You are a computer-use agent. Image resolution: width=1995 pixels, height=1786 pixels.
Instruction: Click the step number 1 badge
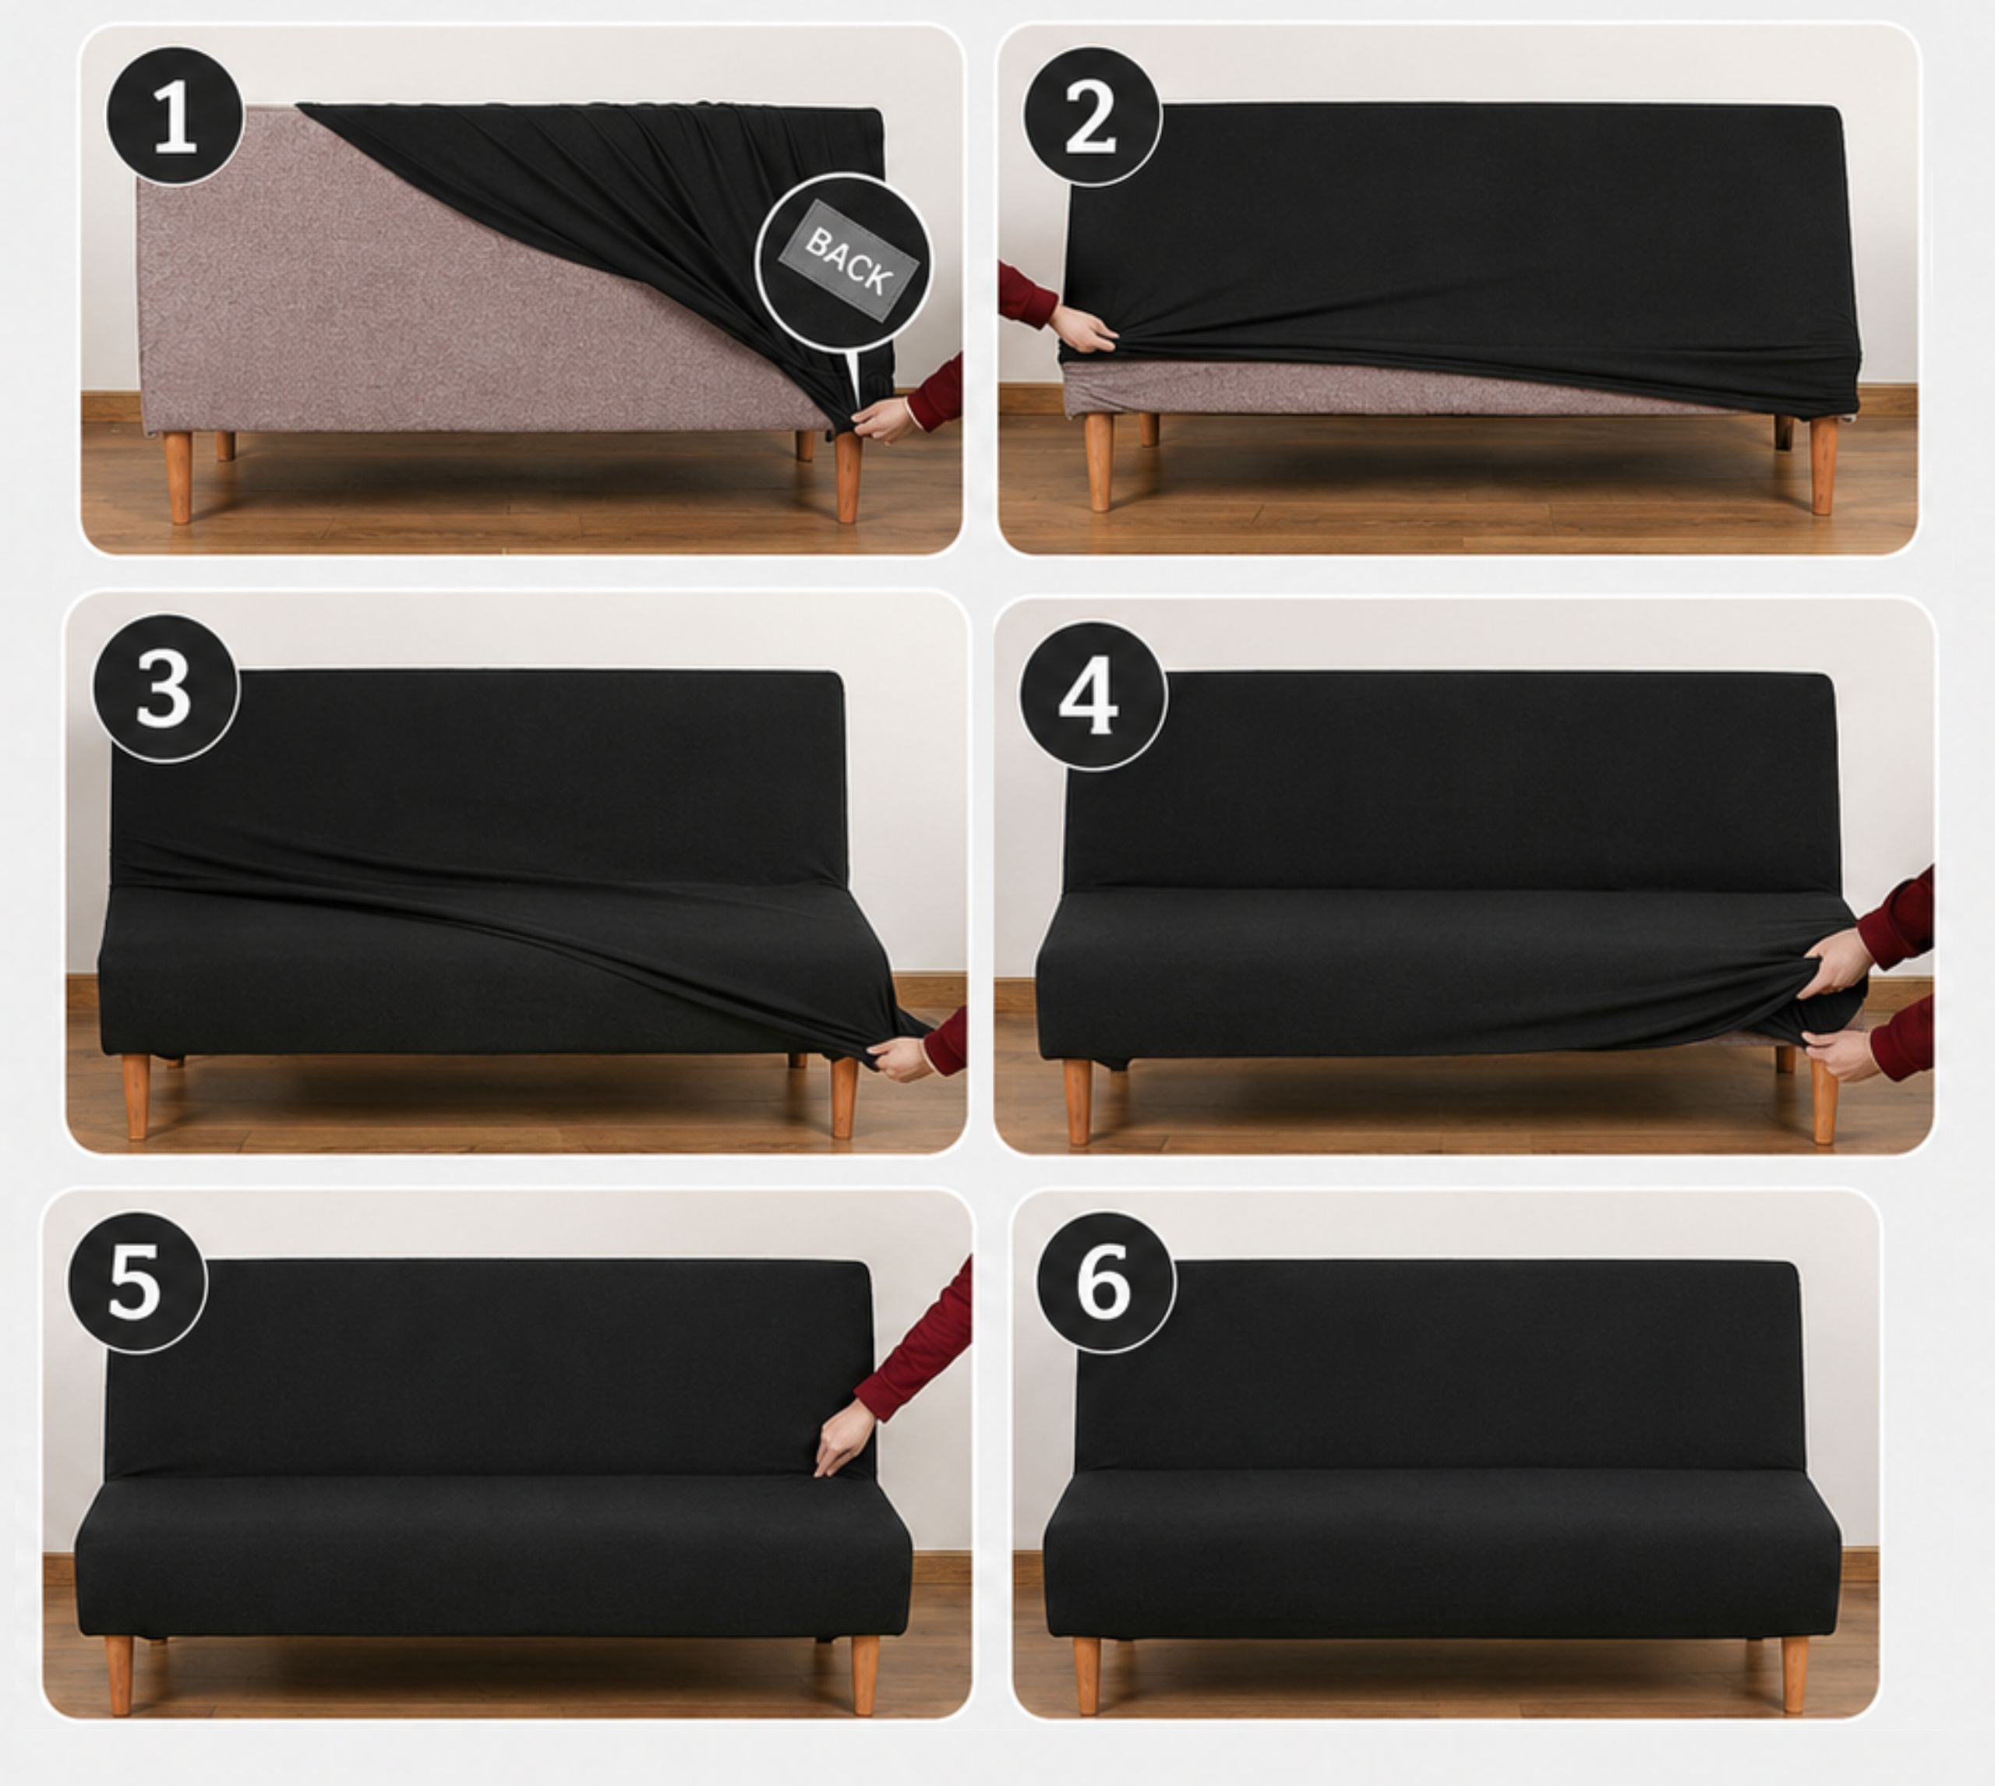(175, 116)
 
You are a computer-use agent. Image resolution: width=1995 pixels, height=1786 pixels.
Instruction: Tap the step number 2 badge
(1093, 116)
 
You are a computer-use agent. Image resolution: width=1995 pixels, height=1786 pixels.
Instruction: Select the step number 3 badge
(166, 689)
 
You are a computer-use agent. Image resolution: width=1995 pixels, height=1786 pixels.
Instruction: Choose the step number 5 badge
(136, 1283)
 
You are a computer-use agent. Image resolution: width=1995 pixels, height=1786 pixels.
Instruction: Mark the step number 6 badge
(1106, 1283)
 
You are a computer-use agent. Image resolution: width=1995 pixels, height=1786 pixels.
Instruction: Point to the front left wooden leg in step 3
(136, 1097)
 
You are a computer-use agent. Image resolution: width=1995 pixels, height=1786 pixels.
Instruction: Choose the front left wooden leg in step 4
(1076, 1101)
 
